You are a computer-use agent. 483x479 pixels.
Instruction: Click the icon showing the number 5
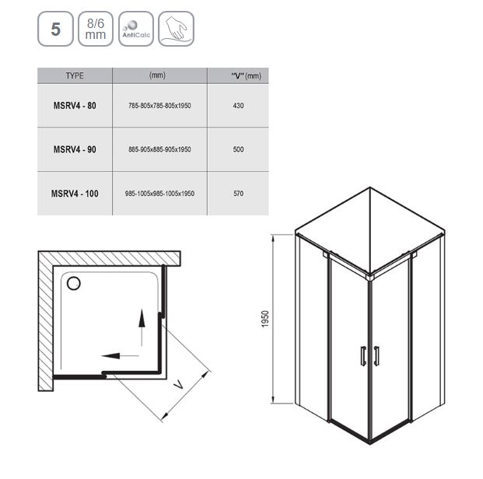(55, 29)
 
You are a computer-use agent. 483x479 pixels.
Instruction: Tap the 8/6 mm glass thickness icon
(96, 29)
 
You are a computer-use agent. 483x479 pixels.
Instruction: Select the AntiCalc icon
(136, 29)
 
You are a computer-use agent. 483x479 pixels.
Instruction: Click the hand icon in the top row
(177, 29)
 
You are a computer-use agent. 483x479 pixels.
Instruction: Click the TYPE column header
(75, 75)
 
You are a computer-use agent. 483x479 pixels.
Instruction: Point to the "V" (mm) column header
(246, 75)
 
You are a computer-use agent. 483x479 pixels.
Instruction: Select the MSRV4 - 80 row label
(75, 106)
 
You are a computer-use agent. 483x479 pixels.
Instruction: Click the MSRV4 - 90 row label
(75, 149)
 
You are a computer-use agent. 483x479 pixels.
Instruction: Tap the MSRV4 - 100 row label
(75, 194)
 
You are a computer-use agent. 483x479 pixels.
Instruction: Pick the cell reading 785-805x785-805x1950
(159, 106)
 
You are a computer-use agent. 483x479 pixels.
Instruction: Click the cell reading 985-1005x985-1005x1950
(159, 194)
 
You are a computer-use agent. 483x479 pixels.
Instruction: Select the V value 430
(239, 106)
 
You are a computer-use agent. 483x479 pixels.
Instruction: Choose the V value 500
(239, 149)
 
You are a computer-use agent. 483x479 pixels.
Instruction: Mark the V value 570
(239, 194)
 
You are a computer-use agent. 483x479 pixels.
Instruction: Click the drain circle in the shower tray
(74, 283)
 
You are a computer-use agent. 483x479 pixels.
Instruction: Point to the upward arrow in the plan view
(142, 327)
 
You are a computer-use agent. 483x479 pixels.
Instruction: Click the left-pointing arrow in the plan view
(120, 356)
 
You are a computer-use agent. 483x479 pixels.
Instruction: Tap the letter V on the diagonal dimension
(178, 384)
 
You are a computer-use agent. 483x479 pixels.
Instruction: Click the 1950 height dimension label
(265, 319)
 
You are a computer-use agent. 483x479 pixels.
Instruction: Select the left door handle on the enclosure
(363, 356)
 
